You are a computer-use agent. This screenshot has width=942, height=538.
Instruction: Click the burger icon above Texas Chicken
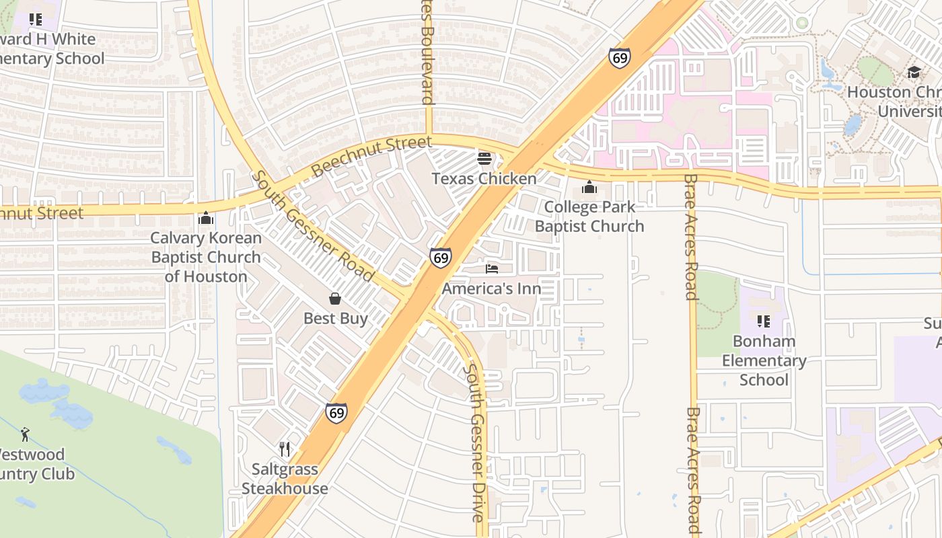(x=484, y=159)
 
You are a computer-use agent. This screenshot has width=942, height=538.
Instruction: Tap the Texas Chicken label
(x=484, y=178)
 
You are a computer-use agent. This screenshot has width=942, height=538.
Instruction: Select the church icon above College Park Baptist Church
(x=589, y=187)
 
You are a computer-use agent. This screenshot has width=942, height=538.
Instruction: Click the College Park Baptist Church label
(x=589, y=217)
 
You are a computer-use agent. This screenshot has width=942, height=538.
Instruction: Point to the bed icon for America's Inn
(x=492, y=269)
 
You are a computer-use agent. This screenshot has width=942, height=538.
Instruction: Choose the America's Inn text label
(x=492, y=289)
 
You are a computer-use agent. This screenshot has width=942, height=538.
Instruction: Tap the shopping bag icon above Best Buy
(x=335, y=299)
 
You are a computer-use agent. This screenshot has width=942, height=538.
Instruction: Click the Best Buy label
(x=335, y=318)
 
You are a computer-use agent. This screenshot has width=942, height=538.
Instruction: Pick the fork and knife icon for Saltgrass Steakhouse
(x=285, y=449)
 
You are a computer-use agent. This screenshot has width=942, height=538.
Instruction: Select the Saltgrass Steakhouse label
(x=285, y=479)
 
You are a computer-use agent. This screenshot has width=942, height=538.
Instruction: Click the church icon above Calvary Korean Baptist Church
(x=206, y=219)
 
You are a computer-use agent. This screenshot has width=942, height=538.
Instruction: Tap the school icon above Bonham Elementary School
(x=764, y=321)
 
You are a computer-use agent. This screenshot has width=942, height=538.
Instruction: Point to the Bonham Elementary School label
(x=764, y=360)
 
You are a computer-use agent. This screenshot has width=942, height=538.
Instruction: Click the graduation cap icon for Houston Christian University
(x=914, y=72)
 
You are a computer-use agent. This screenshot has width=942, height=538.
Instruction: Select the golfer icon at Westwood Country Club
(x=26, y=434)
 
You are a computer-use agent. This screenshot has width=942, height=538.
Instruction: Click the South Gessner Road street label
(x=313, y=226)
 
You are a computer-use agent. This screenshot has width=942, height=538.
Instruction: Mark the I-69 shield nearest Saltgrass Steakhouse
(x=336, y=412)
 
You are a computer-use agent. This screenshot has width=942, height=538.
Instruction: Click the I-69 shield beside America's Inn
(x=441, y=257)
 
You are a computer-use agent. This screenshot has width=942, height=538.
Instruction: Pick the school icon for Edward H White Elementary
(x=36, y=20)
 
